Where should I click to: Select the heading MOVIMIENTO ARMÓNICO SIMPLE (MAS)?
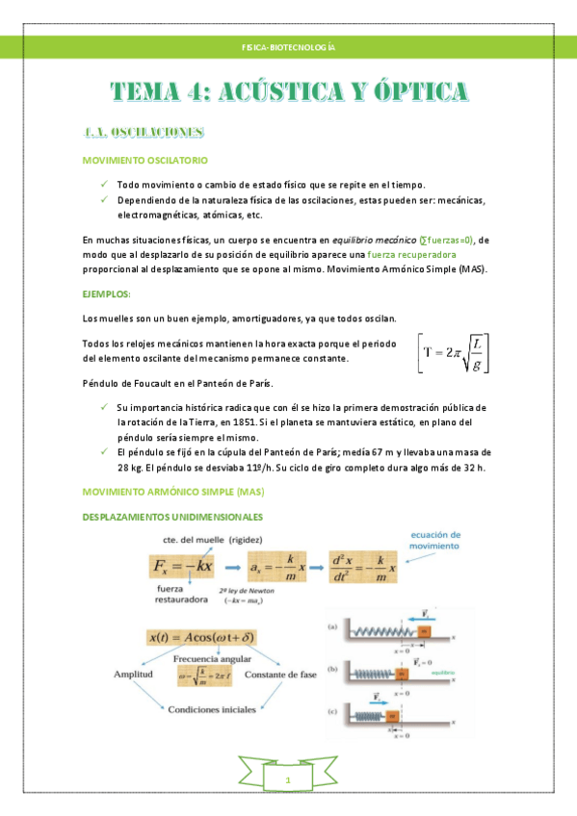[x=173, y=492]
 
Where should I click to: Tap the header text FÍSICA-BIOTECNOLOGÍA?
[x=288, y=46]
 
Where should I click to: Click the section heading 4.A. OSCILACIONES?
[x=143, y=131]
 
